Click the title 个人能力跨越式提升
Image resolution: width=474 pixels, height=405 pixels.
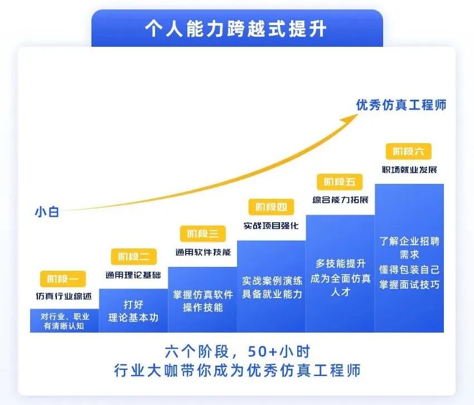(236, 29)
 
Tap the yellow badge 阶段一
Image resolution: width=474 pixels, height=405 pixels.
(63, 279)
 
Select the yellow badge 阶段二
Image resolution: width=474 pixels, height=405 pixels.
(134, 257)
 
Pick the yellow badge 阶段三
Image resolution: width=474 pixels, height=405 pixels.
(203, 233)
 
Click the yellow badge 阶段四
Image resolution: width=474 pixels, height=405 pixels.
(271, 207)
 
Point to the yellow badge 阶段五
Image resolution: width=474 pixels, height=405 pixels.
(340, 182)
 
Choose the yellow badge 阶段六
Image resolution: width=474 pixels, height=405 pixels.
(408, 152)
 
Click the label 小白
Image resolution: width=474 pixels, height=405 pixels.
(47, 212)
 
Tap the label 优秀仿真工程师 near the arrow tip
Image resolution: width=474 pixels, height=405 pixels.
(401, 105)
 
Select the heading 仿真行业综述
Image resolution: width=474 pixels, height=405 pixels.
(64, 296)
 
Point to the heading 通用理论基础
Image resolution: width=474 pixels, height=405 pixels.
(133, 275)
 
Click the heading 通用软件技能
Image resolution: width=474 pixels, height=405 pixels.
(203, 252)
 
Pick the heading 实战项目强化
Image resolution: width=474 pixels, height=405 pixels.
(271, 226)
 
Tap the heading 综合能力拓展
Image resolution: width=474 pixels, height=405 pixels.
(340, 199)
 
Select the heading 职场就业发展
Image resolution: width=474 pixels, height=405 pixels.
(409, 169)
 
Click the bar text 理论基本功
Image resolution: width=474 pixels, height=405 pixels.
(133, 318)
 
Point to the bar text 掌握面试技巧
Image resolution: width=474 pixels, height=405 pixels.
(409, 285)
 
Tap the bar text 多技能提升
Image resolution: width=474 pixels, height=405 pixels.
(340, 264)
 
